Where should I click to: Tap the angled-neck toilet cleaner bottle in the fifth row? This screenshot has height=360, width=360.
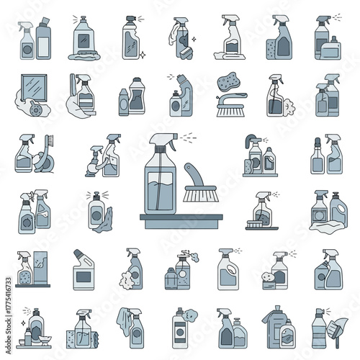coord(84,269)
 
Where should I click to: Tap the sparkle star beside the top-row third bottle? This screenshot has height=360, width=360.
coord(143,54)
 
